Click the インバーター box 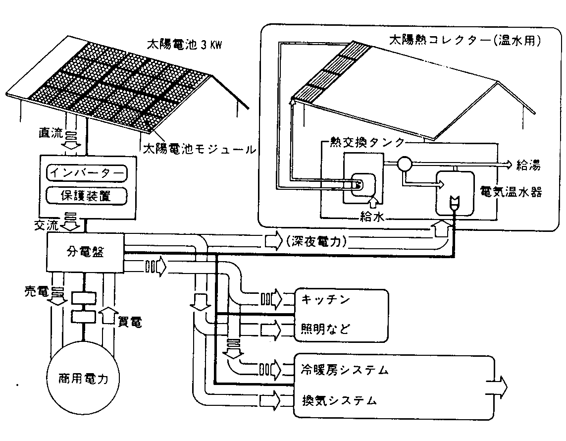tap(86, 174)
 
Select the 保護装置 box tap(86, 196)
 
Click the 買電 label tap(131, 322)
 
